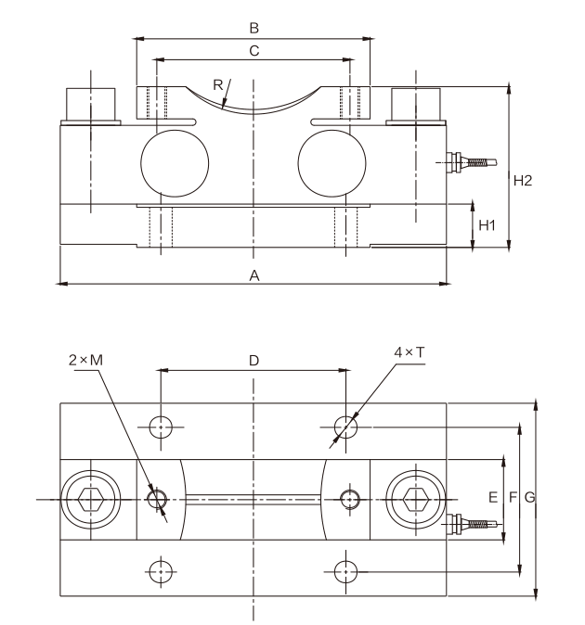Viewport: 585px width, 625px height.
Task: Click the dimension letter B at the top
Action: coord(254,29)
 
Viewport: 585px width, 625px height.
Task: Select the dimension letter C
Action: coord(254,51)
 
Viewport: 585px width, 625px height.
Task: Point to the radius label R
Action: coord(218,85)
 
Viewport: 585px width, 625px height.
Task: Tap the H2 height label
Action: coord(523,181)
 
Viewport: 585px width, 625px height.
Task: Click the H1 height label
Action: coord(487,225)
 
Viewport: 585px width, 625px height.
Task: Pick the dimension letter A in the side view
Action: coord(254,275)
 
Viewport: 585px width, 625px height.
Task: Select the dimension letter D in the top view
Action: coord(253,361)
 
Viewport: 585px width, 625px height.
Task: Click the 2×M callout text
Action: coord(85,360)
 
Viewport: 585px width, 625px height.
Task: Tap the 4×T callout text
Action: coord(409,352)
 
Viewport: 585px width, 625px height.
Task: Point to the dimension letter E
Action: coord(493,497)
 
